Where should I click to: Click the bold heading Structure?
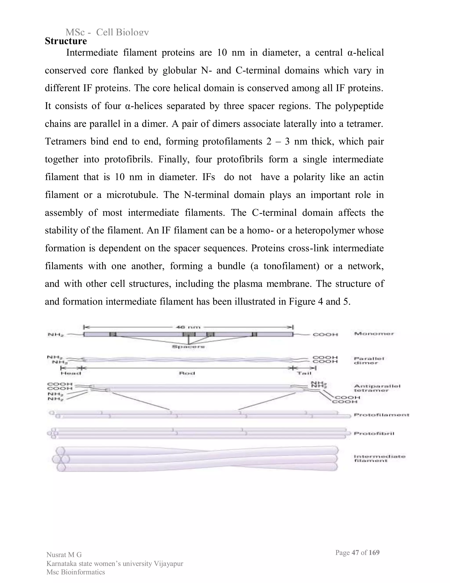66,41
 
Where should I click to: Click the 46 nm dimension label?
188,327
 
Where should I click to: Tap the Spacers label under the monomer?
188,347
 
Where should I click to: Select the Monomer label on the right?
374,334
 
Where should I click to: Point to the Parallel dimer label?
369,361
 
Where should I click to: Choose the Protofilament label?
381,415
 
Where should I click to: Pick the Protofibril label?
374,434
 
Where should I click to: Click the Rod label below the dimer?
187,373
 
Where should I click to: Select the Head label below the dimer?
71,373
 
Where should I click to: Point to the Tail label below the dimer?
304,373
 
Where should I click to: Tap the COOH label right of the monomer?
325,334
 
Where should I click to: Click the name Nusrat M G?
64,555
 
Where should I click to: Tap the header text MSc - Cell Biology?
107,32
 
